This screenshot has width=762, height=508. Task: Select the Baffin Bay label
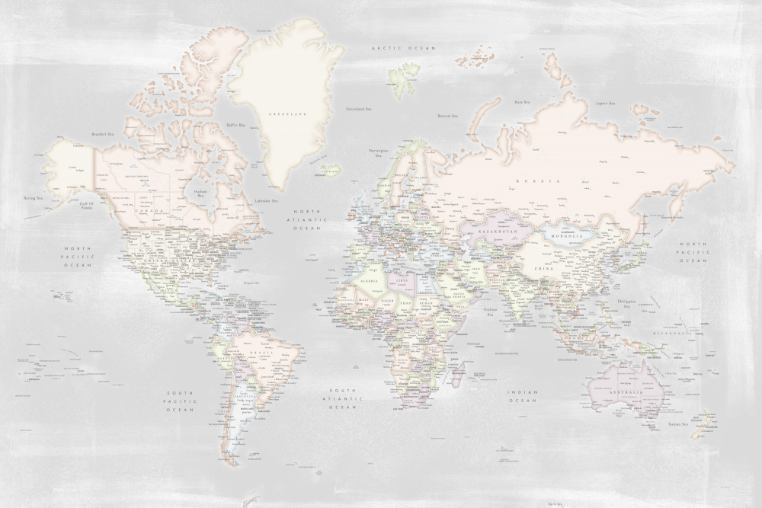(236, 125)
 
